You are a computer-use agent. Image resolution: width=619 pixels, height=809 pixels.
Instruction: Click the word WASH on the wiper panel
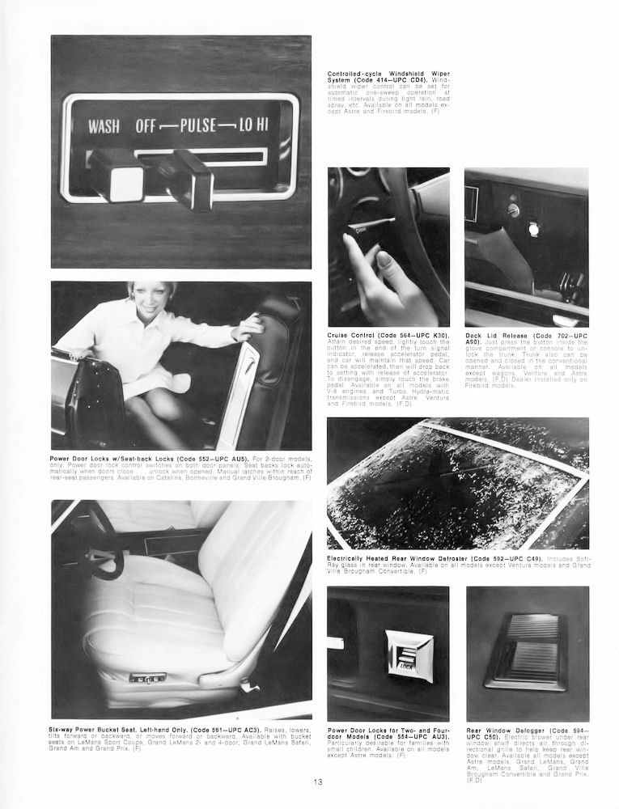[x=105, y=126]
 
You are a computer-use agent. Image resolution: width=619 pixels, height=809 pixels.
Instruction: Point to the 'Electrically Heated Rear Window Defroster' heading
[x=407, y=558]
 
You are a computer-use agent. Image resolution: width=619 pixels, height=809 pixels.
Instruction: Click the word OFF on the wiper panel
[x=146, y=126]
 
